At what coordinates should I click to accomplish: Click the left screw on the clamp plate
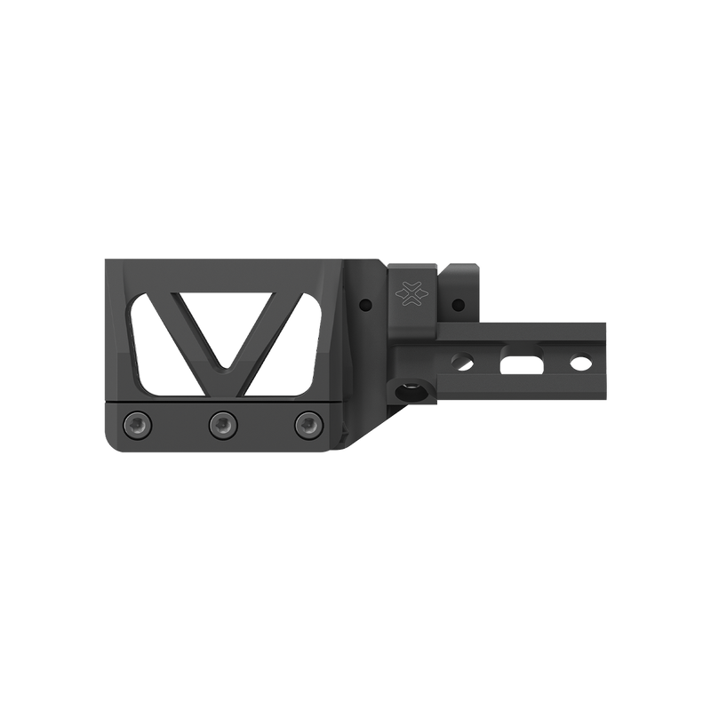click(x=139, y=425)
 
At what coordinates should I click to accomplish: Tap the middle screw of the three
click(x=222, y=425)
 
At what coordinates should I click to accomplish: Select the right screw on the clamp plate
click(x=307, y=425)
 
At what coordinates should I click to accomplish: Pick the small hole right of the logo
click(x=459, y=305)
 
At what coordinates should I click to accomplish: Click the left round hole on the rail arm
click(x=461, y=359)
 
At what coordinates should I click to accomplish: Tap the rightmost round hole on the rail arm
click(x=580, y=362)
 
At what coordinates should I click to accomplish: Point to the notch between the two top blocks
click(x=440, y=270)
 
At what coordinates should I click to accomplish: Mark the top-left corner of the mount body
click(x=106, y=260)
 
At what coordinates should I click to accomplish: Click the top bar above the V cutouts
click(x=222, y=274)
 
